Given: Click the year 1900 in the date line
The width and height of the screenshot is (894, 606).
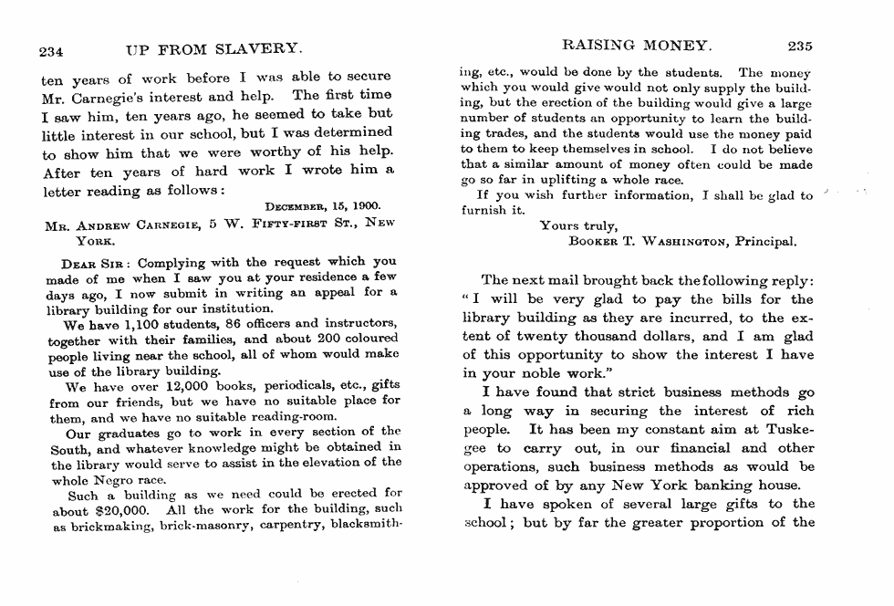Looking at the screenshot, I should tap(365, 208).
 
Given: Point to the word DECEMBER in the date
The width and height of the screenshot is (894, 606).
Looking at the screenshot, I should tap(296, 208).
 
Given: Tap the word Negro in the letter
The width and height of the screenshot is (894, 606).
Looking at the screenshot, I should tap(113, 479).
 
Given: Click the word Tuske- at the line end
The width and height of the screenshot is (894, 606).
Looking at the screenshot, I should tap(786, 430).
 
